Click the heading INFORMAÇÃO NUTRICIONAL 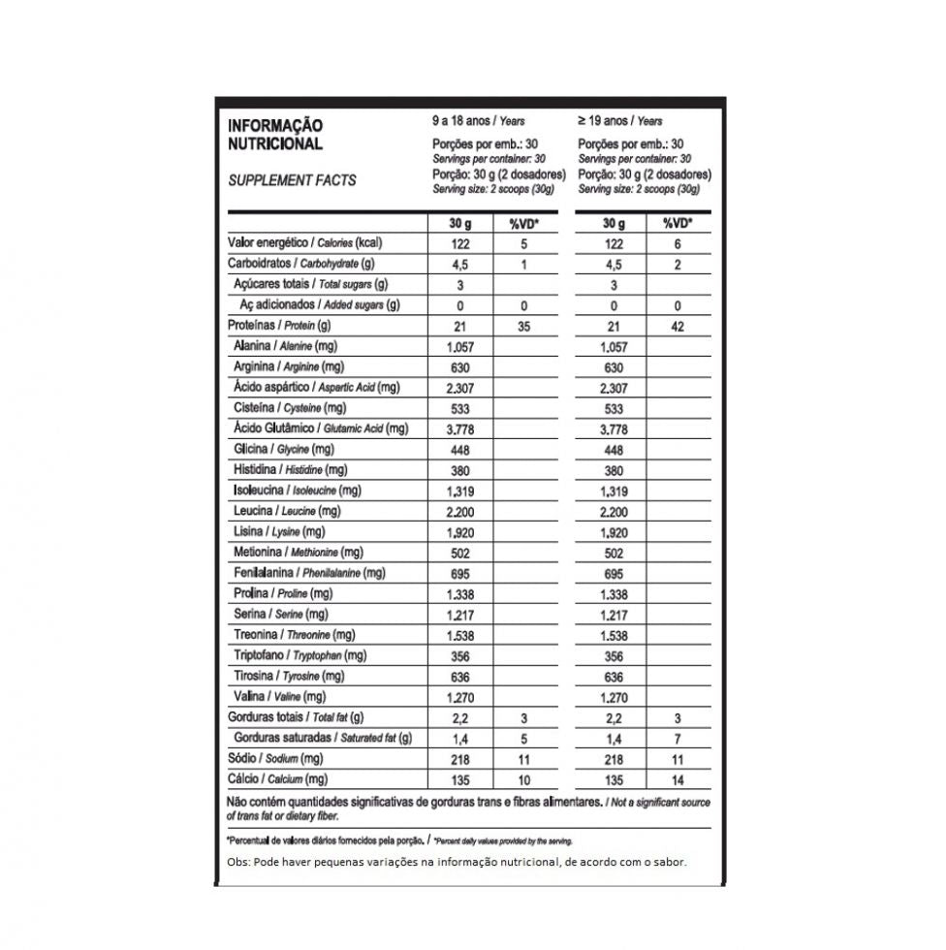[x=275, y=135]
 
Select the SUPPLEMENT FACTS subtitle [x=292, y=180]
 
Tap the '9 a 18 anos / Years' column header [x=479, y=121]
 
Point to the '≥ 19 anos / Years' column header [x=620, y=121]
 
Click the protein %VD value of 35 [x=523, y=327]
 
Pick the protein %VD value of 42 [x=677, y=327]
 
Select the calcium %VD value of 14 [x=677, y=779]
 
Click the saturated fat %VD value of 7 [x=677, y=739]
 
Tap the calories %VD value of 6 [x=677, y=244]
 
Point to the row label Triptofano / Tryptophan [x=300, y=656]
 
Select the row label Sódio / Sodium [x=275, y=759]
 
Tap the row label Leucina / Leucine [x=287, y=511]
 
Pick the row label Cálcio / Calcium [x=277, y=779]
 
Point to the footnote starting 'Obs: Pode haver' [x=457, y=862]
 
